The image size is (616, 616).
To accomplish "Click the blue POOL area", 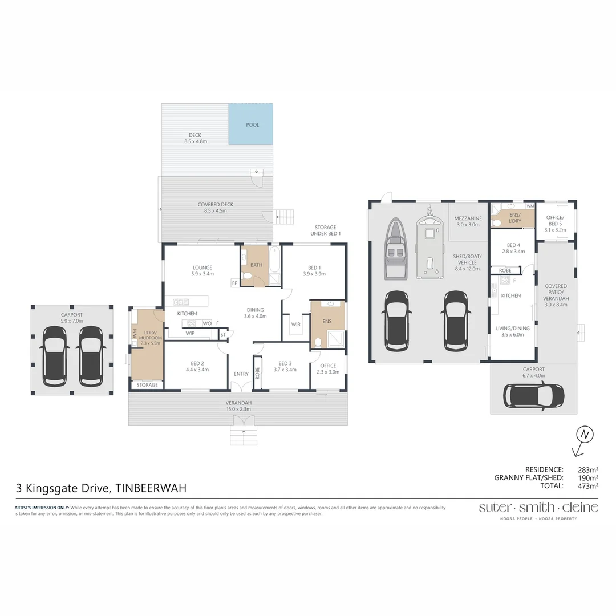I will point(251,124).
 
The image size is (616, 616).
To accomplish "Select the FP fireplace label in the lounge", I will point(234,283).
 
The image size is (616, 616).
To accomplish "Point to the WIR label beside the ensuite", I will point(295,324).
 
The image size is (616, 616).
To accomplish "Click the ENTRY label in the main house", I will point(241,374).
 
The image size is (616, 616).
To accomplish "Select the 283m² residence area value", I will point(587,469).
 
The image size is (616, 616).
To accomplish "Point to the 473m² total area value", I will point(587,486).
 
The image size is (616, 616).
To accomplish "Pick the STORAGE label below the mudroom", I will point(147,386).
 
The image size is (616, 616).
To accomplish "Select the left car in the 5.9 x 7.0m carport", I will point(56,354).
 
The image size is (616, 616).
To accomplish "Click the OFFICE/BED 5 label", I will point(554,221).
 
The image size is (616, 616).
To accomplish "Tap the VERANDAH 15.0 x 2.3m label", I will point(238,405).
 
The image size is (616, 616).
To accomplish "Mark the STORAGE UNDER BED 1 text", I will point(325,230).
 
